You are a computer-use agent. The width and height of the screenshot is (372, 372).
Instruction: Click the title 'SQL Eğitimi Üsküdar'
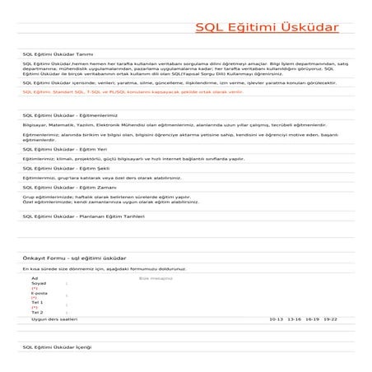coord(266,28)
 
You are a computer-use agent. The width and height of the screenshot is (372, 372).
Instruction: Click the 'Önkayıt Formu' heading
coord(74,258)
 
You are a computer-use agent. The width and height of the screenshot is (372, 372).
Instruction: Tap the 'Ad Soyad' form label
coord(38,281)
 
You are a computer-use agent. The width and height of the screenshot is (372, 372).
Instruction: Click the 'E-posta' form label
coord(39,293)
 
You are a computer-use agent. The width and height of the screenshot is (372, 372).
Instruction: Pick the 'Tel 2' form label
coord(37,313)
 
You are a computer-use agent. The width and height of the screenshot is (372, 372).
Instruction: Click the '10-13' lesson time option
coord(276,319)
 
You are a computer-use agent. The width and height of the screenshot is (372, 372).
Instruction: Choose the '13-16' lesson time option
coord(294,319)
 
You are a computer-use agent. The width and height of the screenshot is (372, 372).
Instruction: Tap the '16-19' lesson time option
coord(312,319)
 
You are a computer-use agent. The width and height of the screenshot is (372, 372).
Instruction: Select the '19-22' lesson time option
coord(330,319)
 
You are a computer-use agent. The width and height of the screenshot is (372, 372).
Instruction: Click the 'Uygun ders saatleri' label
coord(53,319)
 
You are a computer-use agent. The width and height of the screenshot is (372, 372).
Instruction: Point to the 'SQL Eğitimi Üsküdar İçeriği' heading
coord(57,348)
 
